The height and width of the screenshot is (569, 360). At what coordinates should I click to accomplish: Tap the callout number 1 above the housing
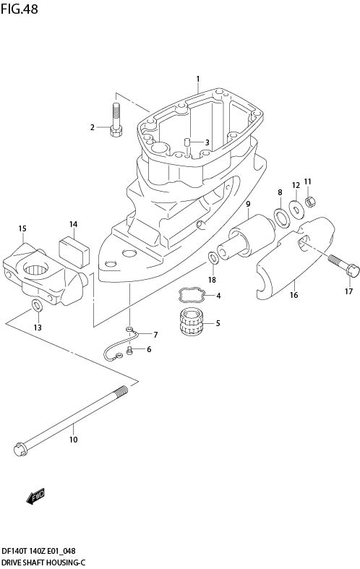(197, 78)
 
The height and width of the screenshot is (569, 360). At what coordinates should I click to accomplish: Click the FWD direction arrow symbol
(35, 496)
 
